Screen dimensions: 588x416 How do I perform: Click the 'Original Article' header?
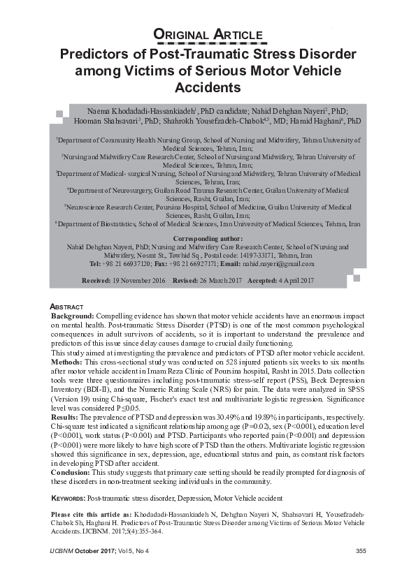pyautogui.click(x=208, y=35)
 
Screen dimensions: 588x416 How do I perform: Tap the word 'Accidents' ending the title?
pyautogui.click(x=208, y=88)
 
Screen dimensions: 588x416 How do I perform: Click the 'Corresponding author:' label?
pyautogui.click(x=207, y=239)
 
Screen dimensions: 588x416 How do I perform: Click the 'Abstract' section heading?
pyautogui.click(x=67, y=307)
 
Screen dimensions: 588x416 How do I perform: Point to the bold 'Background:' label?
pyautogui.click(x=72, y=316)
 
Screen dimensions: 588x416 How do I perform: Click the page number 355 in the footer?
pyautogui.click(x=361, y=552)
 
